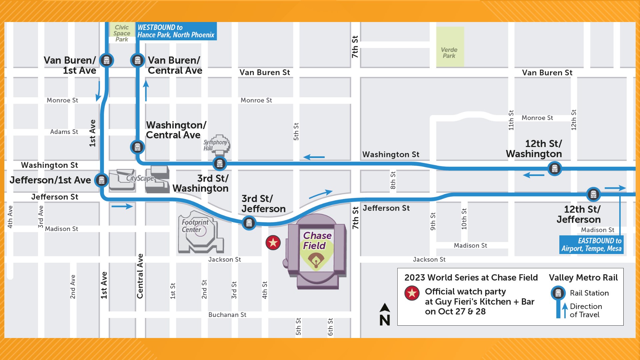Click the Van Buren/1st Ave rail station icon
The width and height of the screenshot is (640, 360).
[x=107, y=60]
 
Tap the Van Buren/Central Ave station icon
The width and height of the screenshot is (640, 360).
[x=137, y=60]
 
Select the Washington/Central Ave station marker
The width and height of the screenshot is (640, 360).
[x=137, y=147]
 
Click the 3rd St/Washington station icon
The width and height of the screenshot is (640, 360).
[x=220, y=163]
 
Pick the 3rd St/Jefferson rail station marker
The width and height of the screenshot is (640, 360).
[x=249, y=223]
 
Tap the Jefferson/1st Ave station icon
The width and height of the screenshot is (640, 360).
[x=102, y=180]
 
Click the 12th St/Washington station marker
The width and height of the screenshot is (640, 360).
[x=555, y=169]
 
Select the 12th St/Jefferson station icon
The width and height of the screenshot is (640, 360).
[x=593, y=194]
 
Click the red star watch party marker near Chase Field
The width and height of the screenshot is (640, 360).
[x=273, y=243]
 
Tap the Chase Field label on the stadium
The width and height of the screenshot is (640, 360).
[x=317, y=240]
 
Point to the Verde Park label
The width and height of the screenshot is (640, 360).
[x=449, y=53]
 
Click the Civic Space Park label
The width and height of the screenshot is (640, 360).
[x=122, y=33]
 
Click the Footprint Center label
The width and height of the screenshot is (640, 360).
[x=195, y=226]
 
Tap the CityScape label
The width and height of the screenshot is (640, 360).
[x=140, y=178]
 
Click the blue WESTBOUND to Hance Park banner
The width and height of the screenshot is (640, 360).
[x=176, y=31]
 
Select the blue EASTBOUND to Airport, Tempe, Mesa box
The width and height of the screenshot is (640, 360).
[x=591, y=245]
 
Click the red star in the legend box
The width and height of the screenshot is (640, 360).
[x=412, y=293]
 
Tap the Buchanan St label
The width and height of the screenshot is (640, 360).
[x=227, y=315]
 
